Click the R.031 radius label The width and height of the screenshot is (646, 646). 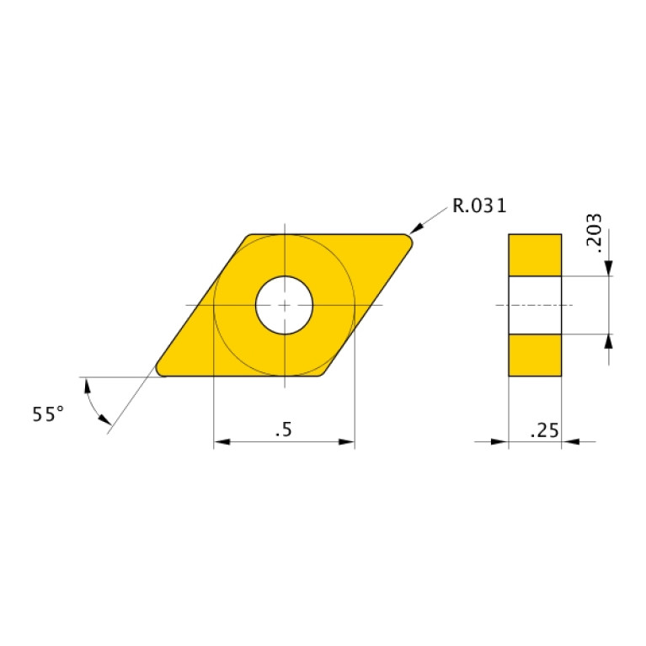(x=479, y=206)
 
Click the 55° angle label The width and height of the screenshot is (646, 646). (x=48, y=414)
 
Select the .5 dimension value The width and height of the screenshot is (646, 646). (x=283, y=430)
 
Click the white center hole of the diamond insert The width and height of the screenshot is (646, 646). (x=285, y=305)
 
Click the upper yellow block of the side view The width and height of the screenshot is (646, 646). (x=535, y=254)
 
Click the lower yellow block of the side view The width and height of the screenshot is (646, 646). (x=535, y=355)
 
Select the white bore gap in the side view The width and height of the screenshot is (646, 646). (x=535, y=304)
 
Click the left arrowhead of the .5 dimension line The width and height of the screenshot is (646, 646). (x=222, y=441)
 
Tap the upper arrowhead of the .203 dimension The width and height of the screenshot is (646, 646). (x=608, y=267)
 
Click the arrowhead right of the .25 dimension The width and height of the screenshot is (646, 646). (x=569, y=440)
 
